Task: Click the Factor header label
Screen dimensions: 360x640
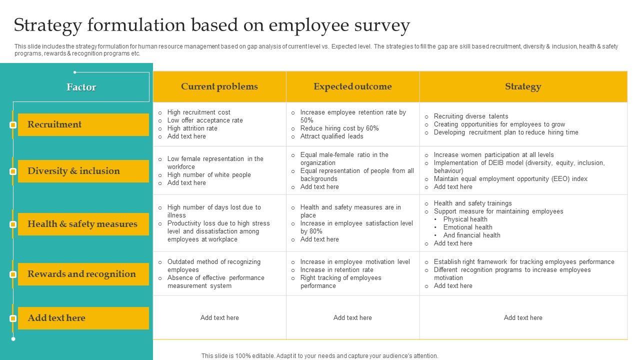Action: [x=81, y=87]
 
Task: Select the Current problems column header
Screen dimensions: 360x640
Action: [x=219, y=86]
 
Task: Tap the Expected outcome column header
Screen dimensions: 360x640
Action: [x=352, y=86]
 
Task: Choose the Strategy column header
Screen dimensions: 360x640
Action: [x=523, y=86]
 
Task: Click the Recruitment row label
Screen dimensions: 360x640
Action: [x=54, y=124]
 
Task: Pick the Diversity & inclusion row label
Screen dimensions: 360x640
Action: [x=73, y=171]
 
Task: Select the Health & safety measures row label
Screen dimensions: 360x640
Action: [x=82, y=224]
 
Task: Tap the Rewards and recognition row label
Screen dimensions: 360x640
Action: [x=81, y=274]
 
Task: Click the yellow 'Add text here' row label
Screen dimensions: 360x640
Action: [x=56, y=318]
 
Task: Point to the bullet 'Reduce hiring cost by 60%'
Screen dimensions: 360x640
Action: [x=339, y=128]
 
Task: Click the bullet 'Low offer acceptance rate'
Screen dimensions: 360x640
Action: [x=205, y=120]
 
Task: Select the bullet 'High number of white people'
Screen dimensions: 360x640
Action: [x=209, y=175]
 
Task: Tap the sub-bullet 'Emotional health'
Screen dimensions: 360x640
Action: [x=467, y=227]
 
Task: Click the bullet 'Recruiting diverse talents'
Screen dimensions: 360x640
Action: [x=471, y=116]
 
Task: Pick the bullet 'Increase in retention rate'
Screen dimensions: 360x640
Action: [x=337, y=270]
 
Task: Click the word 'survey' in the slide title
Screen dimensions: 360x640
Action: [x=381, y=25]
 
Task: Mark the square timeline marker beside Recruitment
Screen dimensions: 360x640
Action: [x=13, y=124]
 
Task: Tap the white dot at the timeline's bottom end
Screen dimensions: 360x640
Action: [x=13, y=339]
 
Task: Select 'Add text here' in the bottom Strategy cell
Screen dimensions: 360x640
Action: [x=523, y=318]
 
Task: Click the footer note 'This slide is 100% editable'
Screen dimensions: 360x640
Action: [x=319, y=356]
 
